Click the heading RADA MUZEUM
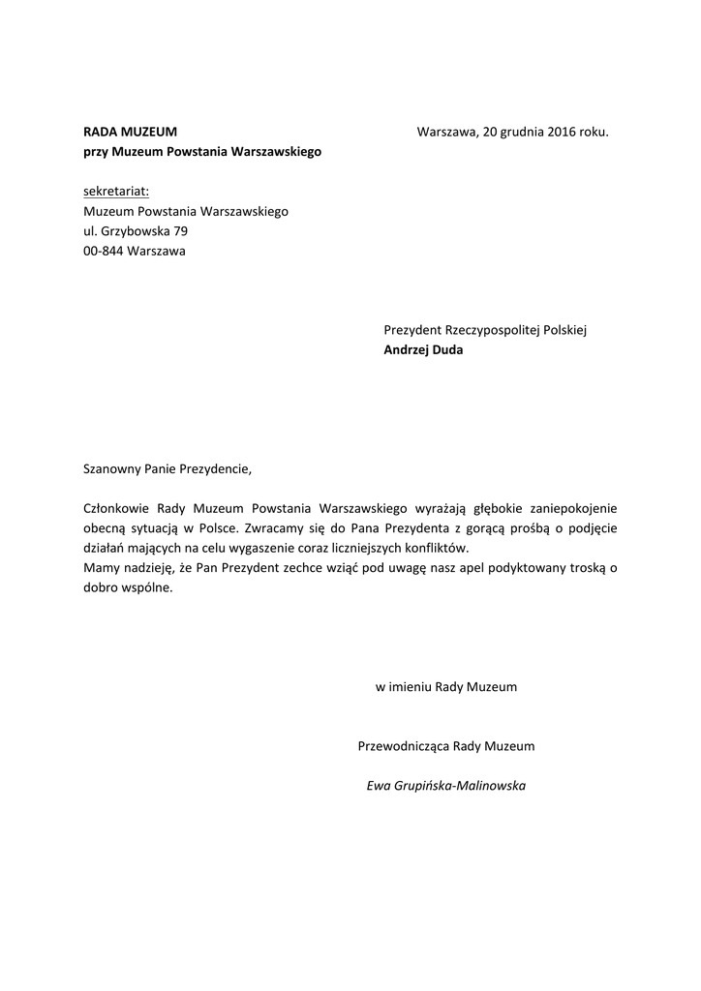(130, 132)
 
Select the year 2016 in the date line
(561, 132)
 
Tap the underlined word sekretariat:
(116, 191)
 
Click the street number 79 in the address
(180, 231)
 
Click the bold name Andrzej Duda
(423, 350)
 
